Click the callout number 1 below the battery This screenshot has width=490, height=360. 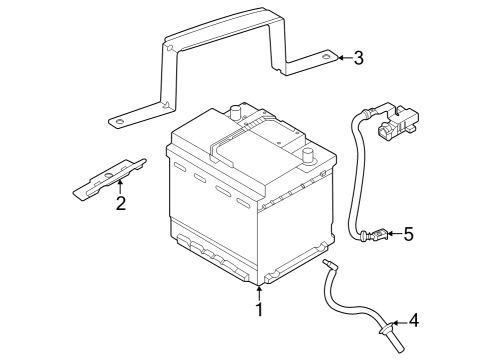tap(259, 310)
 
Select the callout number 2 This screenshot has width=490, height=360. tap(120, 205)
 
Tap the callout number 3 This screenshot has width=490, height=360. tap(358, 57)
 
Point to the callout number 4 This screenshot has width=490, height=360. tap(414, 321)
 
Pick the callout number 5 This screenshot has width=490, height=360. tap(407, 235)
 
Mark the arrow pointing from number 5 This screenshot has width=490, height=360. tap(390, 235)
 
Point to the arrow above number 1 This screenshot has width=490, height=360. tap(259, 293)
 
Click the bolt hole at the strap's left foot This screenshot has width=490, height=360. tap(118, 123)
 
